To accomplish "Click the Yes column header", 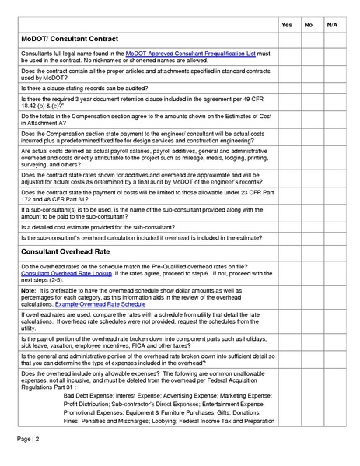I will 286,25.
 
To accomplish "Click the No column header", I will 309,25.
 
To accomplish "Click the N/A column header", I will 332,25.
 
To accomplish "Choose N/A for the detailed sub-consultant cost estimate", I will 332,226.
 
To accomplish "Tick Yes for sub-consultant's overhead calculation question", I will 286,239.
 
